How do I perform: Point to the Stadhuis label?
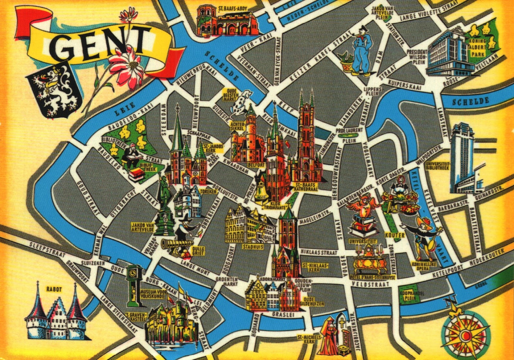(x=253, y=247)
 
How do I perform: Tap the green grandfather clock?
(x=133, y=284)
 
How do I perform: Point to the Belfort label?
(x=256, y=165)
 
